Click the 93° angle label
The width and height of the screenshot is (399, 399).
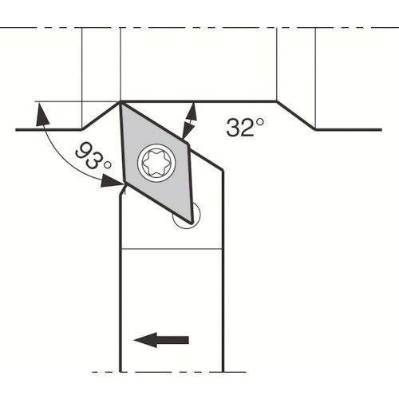tap(93, 157)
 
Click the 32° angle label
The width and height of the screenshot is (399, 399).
tap(245, 127)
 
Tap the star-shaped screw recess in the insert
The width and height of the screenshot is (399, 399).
tap(156, 163)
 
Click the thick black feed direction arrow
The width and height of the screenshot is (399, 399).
tap(161, 340)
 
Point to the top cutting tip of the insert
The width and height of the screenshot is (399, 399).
tap(120, 102)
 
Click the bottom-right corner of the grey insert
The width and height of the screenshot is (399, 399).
tap(192, 223)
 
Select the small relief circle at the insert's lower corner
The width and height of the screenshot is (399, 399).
tap(187, 215)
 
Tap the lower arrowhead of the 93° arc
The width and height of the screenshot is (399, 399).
tap(112, 181)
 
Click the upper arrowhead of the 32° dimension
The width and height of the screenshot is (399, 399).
tap(192, 112)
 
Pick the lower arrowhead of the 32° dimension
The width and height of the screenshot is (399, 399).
tap(188, 130)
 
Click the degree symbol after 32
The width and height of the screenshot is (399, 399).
tap(260, 122)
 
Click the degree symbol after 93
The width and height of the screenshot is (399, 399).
tap(108, 165)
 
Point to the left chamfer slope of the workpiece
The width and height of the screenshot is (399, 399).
tap(101, 116)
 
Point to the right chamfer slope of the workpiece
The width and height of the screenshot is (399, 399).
tap(296, 116)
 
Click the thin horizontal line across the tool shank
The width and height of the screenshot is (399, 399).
tap(172, 249)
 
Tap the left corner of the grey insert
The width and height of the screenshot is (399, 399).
tap(124, 184)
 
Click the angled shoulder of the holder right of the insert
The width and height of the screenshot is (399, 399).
tap(206, 160)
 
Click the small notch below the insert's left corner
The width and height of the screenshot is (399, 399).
tap(122, 191)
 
